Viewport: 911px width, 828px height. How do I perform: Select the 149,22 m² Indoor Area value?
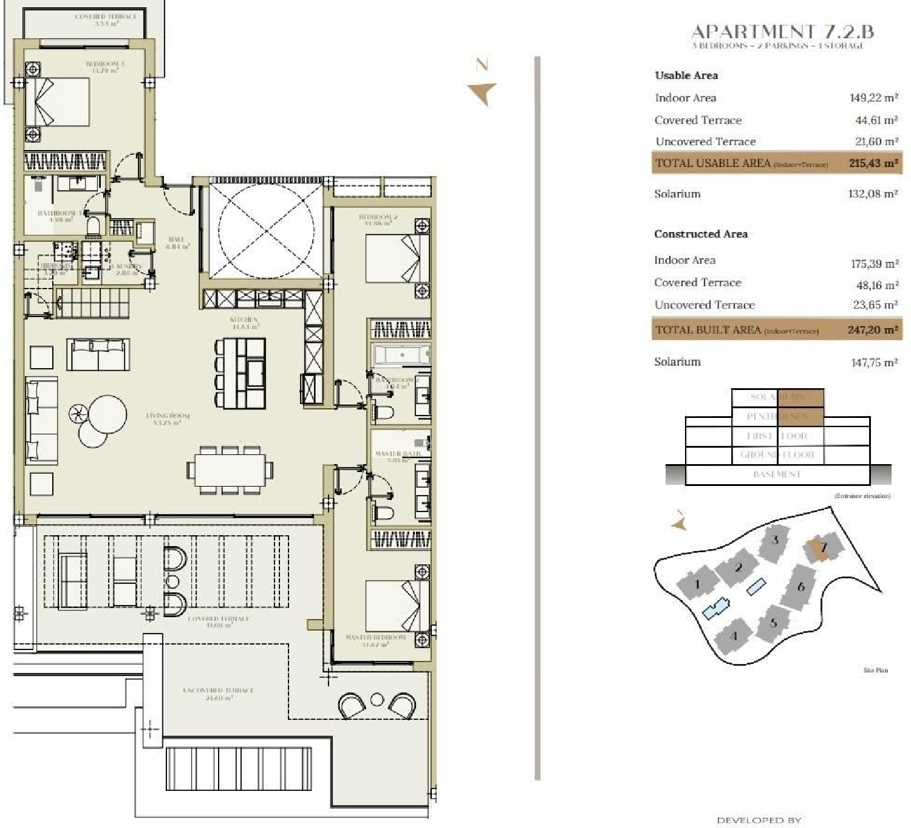pyautogui.click(x=873, y=98)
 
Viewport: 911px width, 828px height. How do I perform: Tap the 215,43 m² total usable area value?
pyautogui.click(x=873, y=163)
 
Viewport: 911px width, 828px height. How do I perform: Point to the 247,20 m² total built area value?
pyautogui.click(x=872, y=330)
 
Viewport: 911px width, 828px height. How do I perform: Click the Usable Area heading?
pyautogui.click(x=686, y=75)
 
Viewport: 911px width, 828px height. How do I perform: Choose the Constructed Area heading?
pyautogui.click(x=700, y=234)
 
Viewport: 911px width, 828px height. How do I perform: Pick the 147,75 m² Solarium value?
pyautogui.click(x=873, y=362)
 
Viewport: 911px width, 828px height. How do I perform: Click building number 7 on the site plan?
pyautogui.click(x=824, y=547)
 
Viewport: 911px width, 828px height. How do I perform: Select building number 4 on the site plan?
pyautogui.click(x=734, y=636)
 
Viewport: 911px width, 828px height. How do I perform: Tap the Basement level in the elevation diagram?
pyautogui.click(x=777, y=474)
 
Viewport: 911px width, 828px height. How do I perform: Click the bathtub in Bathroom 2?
pyautogui.click(x=401, y=354)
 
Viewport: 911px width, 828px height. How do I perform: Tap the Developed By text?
pyautogui.click(x=759, y=820)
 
